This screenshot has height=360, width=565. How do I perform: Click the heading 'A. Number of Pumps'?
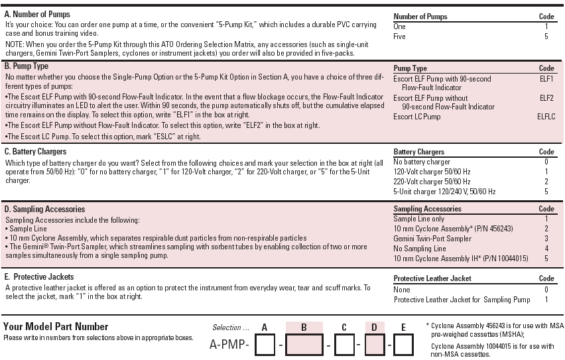coord(37,15)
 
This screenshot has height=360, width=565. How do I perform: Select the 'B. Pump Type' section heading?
coord(27,66)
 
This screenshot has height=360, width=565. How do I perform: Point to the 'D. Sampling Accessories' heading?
coord(44,209)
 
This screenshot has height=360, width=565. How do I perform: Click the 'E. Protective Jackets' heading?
coord(39,276)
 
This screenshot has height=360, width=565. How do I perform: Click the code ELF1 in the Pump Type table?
coord(546,79)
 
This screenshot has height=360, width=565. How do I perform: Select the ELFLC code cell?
coord(546,117)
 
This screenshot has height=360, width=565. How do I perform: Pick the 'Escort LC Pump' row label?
coord(416,117)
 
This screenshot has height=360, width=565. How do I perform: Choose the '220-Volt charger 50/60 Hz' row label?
coord(432,182)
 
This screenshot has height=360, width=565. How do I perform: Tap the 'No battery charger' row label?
coord(422,162)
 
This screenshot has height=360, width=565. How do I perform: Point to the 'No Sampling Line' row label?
coord(420,248)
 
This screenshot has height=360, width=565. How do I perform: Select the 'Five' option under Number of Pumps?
coord(399,36)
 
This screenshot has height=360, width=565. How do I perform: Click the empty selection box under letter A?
coord(265,345)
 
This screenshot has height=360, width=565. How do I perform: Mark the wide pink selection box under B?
coord(304,345)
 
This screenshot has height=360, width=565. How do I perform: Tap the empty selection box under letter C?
coord(344,345)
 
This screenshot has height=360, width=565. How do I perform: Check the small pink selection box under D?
coord(374,345)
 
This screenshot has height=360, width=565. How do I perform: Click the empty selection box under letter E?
coord(404,345)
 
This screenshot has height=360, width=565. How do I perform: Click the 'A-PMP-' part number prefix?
coord(229,345)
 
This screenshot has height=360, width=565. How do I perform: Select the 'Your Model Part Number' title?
coord(56,326)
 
